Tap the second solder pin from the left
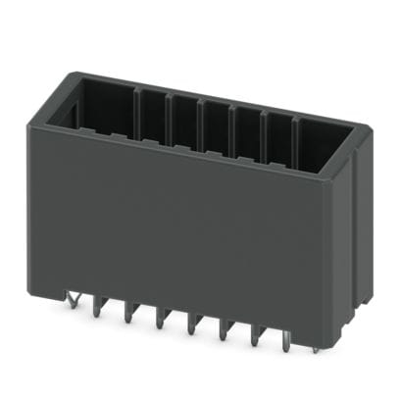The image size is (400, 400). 98,306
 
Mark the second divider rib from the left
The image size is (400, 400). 169,112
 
